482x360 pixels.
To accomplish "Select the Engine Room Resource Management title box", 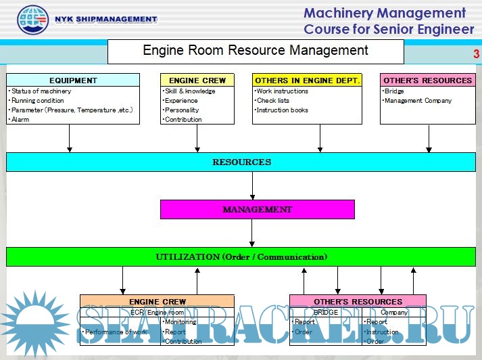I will [x=256, y=51].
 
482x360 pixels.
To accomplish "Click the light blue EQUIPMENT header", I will [x=73, y=81].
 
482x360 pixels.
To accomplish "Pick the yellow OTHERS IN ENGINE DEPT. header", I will [x=307, y=81].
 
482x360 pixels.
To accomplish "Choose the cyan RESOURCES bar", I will [x=241, y=162].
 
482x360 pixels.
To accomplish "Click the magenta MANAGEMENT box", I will [x=257, y=210].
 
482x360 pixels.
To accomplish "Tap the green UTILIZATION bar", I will [x=241, y=257].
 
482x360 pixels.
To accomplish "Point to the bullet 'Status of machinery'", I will [x=41, y=91].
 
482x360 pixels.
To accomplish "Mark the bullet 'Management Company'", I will [x=418, y=101].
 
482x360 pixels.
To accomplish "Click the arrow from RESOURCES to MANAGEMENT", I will [x=252, y=185].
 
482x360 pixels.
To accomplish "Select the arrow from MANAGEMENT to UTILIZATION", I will [x=252, y=233].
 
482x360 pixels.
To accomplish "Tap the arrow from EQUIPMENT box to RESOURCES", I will [x=69, y=139].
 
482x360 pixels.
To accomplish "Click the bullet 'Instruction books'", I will [x=283, y=110].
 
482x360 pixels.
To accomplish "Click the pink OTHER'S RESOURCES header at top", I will [x=427, y=81].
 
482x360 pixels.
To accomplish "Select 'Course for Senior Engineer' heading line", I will [x=389, y=29].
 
